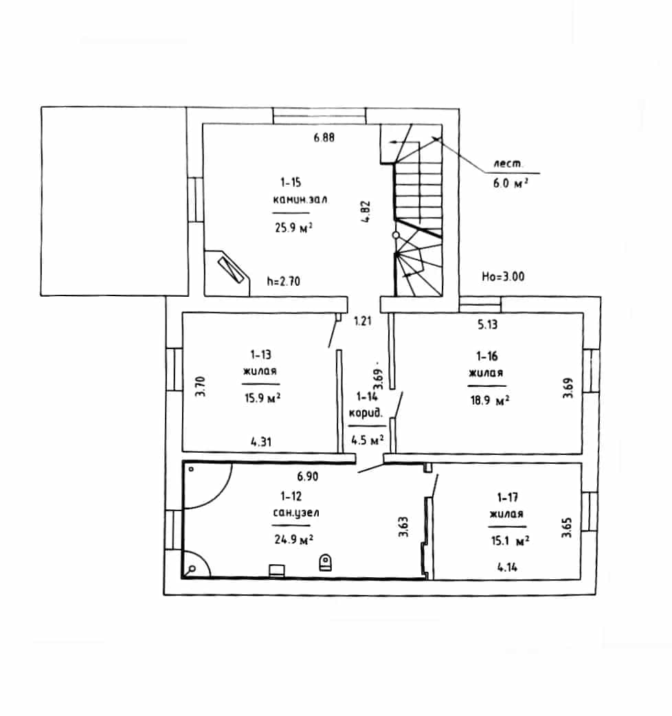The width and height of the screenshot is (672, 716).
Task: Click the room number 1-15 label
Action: pos(291,183)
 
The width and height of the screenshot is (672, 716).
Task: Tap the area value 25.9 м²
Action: pos(293,227)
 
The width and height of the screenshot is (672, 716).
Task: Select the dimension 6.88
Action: pos(324,137)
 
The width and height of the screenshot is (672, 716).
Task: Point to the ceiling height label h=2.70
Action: pos(284,281)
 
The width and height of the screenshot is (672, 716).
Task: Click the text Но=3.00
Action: pos(503,276)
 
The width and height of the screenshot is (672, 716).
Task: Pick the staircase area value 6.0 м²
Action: pos(511,183)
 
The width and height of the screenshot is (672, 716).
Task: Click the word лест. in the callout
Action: pos(507,164)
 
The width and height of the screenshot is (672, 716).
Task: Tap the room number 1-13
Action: pos(260,355)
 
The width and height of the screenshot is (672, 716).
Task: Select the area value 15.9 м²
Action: pos(262,398)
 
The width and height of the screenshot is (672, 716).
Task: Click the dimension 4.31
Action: pos(261,442)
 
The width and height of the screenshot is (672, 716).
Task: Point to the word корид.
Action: pos(366,413)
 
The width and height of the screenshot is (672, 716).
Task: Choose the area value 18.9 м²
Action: pos(490,401)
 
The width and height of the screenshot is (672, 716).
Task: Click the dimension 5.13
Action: pos(488,324)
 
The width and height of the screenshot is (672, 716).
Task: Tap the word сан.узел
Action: pos(296,513)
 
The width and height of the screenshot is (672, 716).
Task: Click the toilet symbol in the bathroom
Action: pos(326,562)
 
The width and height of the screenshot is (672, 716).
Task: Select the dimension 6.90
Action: pos(308,476)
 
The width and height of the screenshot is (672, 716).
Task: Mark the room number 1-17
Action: pos(507,497)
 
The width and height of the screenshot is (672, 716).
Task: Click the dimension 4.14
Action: pos(507,567)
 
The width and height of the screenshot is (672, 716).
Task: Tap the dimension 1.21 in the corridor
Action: pos(363,321)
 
